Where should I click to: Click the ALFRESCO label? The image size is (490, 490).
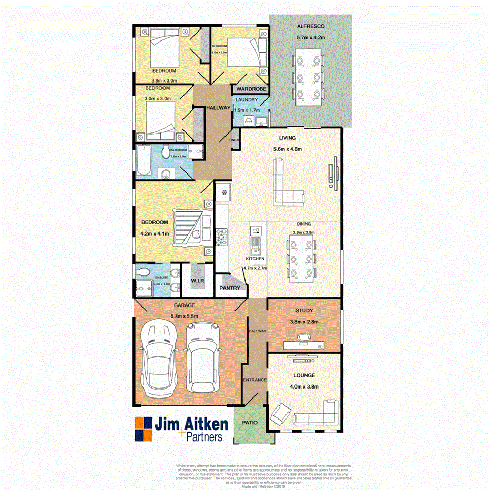[x=311, y=26]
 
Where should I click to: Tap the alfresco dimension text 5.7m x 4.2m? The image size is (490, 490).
[x=311, y=38]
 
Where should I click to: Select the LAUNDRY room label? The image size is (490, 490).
[x=246, y=100]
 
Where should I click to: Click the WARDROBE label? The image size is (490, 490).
[x=250, y=89]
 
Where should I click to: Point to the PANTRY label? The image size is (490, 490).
[x=230, y=288]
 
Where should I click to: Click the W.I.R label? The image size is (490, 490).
[x=198, y=281]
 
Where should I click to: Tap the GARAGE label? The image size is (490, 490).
[x=185, y=305]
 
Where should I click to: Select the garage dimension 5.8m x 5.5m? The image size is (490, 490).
[x=185, y=316]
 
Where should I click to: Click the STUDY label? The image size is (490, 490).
[x=304, y=310]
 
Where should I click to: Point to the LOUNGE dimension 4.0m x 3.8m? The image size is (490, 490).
[x=304, y=387]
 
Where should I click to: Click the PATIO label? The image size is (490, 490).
[x=249, y=422]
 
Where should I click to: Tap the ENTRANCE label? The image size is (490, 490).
[x=254, y=380]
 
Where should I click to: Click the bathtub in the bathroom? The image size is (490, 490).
[x=144, y=160]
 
